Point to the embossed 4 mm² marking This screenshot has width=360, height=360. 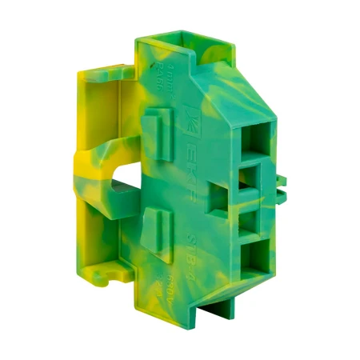pyautogui.click(x=151, y=79)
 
